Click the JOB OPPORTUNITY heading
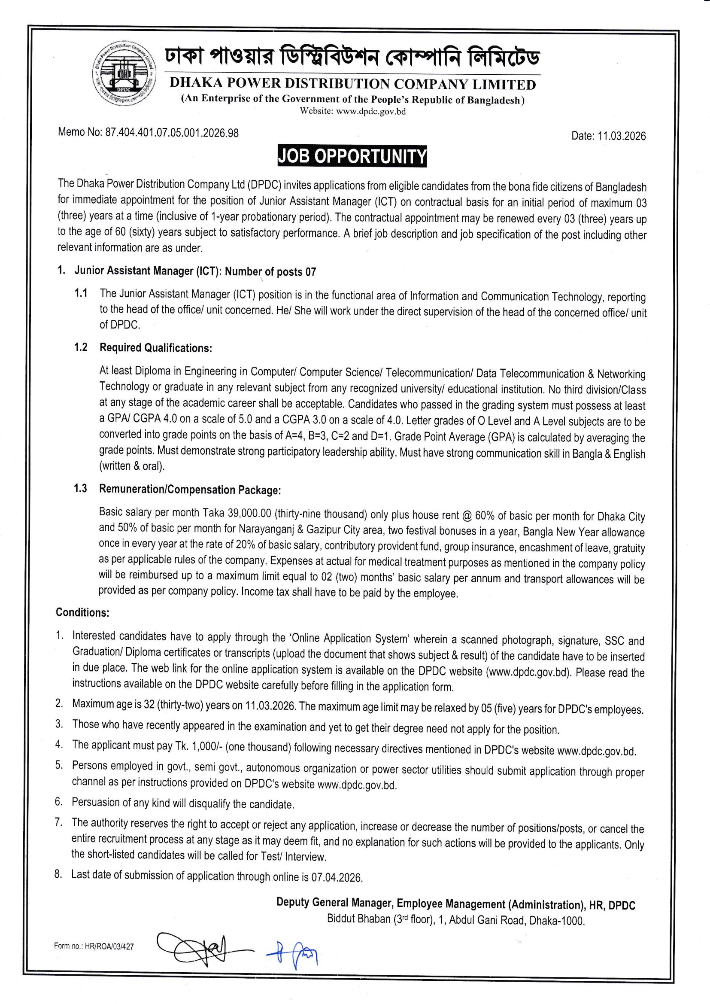click(x=352, y=156)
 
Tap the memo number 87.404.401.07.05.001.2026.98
click(x=172, y=133)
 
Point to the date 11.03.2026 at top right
click(x=621, y=136)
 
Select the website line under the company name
click(x=352, y=111)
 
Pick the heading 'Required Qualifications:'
click(x=156, y=348)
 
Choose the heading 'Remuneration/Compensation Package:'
click(x=190, y=489)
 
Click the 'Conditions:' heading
click(x=82, y=612)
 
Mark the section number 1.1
click(x=81, y=293)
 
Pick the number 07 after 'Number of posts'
click(x=310, y=272)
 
